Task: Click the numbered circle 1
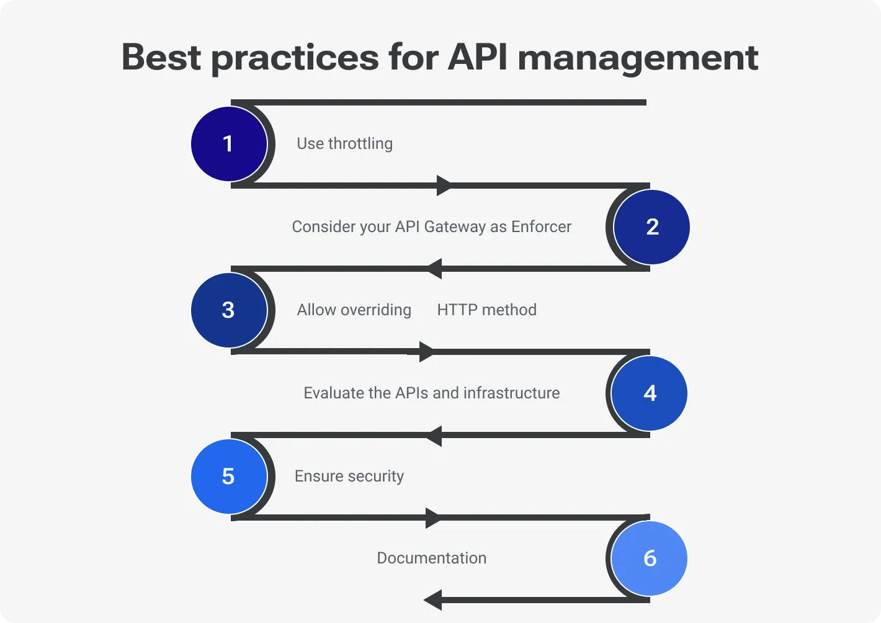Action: pyautogui.click(x=229, y=144)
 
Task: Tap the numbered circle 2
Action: pyautogui.click(x=651, y=227)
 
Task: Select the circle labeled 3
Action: pyautogui.click(x=229, y=310)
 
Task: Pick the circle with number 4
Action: pyautogui.click(x=649, y=393)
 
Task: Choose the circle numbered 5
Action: pyautogui.click(x=229, y=477)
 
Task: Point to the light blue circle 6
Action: pyautogui.click(x=649, y=558)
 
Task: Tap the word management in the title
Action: pyautogui.click(x=638, y=58)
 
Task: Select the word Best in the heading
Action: pyautogui.click(x=161, y=57)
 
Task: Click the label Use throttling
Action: pyautogui.click(x=344, y=144)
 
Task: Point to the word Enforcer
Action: pyautogui.click(x=541, y=227)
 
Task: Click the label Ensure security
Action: pyautogui.click(x=349, y=477)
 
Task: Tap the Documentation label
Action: pyautogui.click(x=431, y=558)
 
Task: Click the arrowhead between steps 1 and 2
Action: pyautogui.click(x=444, y=186)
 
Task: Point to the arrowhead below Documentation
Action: pyautogui.click(x=433, y=600)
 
